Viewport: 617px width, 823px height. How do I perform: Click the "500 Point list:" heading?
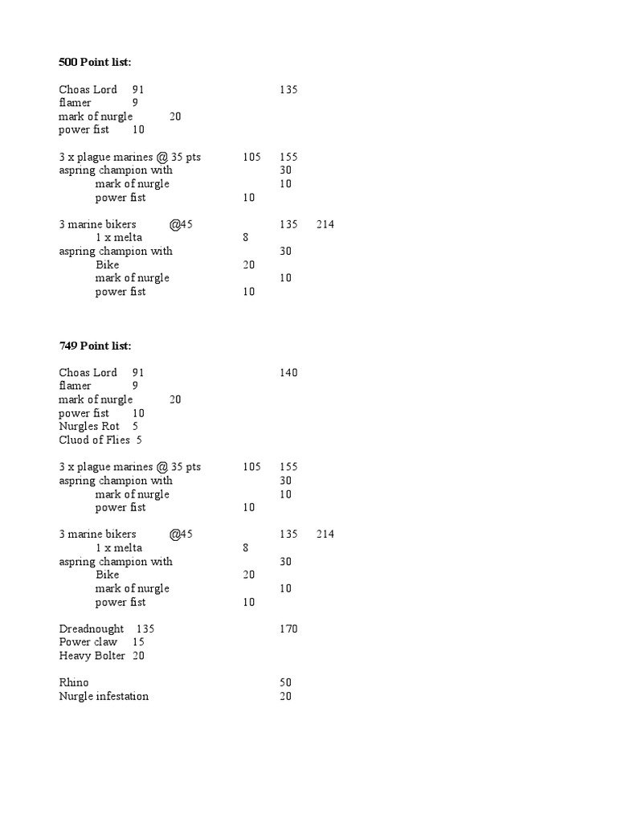point(95,62)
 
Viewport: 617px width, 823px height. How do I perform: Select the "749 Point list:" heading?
point(95,346)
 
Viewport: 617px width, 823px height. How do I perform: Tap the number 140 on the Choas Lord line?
point(288,373)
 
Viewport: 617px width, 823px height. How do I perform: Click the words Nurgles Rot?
point(89,427)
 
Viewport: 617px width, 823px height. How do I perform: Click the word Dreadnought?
point(92,629)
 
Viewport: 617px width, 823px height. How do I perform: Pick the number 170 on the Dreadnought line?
point(288,629)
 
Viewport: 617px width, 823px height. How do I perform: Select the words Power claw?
point(88,642)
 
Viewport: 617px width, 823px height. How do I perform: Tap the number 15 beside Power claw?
point(138,642)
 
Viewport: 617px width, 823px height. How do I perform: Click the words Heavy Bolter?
point(92,656)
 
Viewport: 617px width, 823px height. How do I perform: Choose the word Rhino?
point(74,682)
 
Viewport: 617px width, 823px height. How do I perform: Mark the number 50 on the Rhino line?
point(285,682)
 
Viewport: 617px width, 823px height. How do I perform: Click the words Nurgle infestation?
point(104,696)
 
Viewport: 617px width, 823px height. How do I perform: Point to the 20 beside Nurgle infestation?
point(285,696)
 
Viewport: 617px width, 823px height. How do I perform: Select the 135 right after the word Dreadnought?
point(145,629)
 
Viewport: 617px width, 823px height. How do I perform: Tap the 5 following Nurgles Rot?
point(135,427)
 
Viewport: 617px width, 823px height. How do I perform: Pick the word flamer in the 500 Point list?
point(75,103)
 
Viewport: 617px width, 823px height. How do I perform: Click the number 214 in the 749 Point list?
point(325,534)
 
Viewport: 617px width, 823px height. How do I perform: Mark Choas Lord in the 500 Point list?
point(88,90)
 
